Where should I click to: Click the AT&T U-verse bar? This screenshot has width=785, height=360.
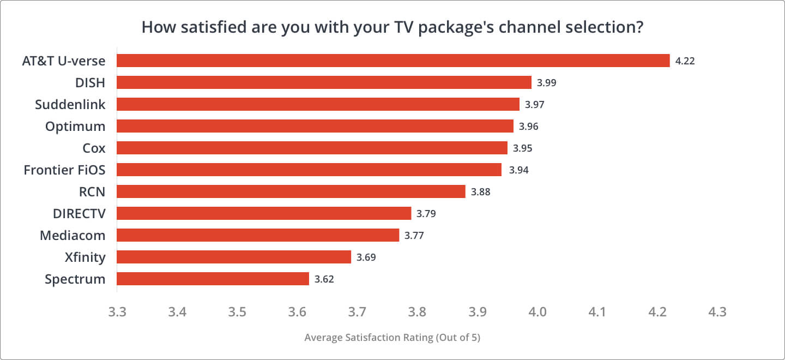click(x=392, y=61)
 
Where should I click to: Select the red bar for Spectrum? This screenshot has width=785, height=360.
click(x=213, y=279)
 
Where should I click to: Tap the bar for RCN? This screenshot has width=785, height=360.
click(x=291, y=191)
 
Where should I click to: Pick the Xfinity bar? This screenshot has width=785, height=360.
click(x=234, y=257)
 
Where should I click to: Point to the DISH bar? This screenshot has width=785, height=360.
click(x=324, y=82)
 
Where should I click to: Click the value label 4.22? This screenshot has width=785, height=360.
click(x=685, y=61)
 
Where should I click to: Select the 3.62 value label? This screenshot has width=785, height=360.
click(x=324, y=279)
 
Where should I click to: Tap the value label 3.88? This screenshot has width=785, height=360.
click(x=480, y=192)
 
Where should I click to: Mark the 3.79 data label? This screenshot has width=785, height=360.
click(x=426, y=214)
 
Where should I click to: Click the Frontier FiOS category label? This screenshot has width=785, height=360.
click(x=64, y=170)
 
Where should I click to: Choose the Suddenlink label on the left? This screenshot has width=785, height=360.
click(x=70, y=104)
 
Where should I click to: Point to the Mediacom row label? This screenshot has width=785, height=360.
click(x=73, y=236)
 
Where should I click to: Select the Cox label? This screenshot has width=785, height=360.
click(x=94, y=148)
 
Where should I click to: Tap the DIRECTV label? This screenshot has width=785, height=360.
click(x=79, y=214)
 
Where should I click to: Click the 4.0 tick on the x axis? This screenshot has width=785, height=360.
click(x=538, y=313)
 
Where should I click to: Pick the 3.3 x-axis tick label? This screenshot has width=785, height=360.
click(x=117, y=313)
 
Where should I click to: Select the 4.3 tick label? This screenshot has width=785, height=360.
click(x=717, y=313)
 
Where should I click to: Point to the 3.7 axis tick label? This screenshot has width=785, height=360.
click(x=357, y=313)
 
